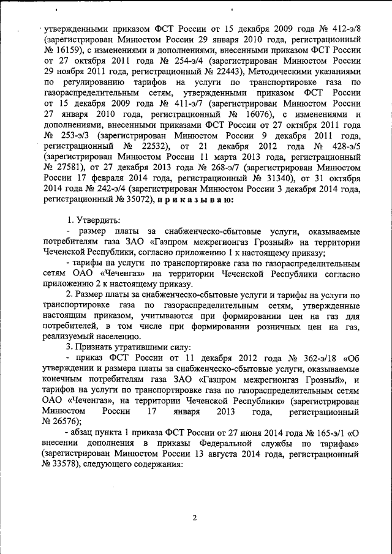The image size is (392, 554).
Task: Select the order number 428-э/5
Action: click(345, 149)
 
